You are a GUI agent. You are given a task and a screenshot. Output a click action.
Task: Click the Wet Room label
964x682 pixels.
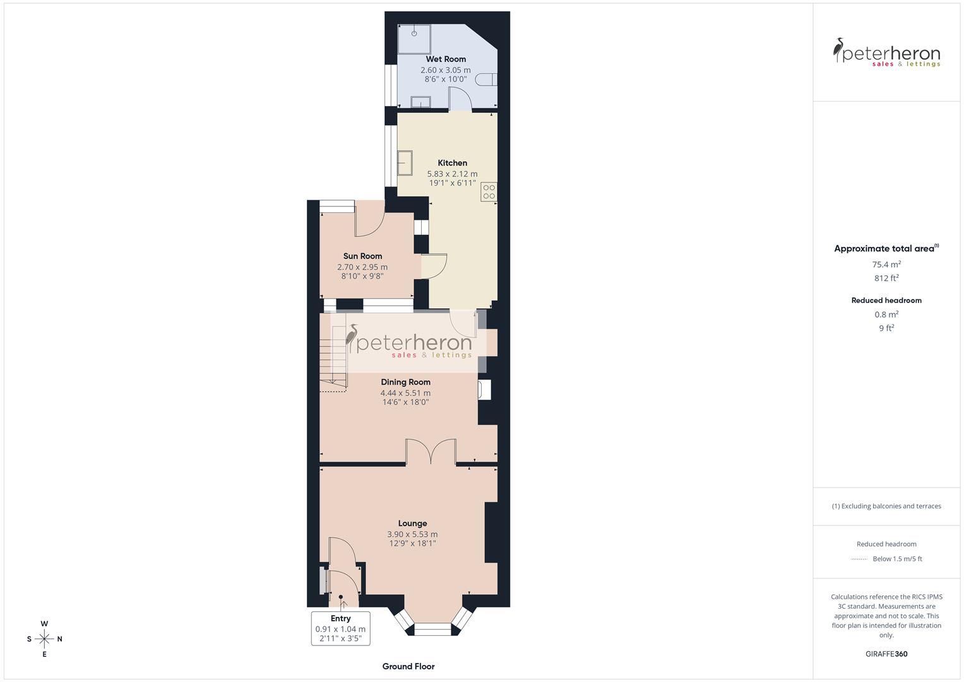pos(446,59)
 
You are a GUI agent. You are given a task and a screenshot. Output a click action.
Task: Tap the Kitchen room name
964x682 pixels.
pos(452,163)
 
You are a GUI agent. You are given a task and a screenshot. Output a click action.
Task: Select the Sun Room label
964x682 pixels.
pos(362,256)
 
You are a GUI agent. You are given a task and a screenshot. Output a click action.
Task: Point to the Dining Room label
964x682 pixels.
pos(405,382)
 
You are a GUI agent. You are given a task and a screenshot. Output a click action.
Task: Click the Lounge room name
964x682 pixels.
pos(412,523)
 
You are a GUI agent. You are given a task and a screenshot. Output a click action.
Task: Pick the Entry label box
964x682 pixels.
pos(340,628)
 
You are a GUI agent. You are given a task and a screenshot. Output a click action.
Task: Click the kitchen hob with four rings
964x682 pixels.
pos(489,192)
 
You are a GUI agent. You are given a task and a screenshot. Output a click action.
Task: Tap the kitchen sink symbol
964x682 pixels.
pos(405,163)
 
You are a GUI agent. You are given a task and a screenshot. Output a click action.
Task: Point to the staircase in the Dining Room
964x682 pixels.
pos(333,360)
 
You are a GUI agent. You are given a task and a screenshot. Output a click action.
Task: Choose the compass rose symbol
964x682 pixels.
pos(44,639)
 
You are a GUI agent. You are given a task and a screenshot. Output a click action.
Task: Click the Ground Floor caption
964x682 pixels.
pos(408,666)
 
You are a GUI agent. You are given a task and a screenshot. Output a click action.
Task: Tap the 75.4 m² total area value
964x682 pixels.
pos(886,265)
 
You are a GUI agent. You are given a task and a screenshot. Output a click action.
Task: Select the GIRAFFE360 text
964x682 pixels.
pos(886,654)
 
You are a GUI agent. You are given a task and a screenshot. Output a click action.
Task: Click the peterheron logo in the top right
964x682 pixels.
pos(886,52)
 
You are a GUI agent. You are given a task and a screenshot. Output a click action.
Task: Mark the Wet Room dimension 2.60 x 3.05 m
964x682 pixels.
pos(446,70)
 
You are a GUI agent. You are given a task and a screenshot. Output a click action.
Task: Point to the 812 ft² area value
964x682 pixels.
pos(886,278)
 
